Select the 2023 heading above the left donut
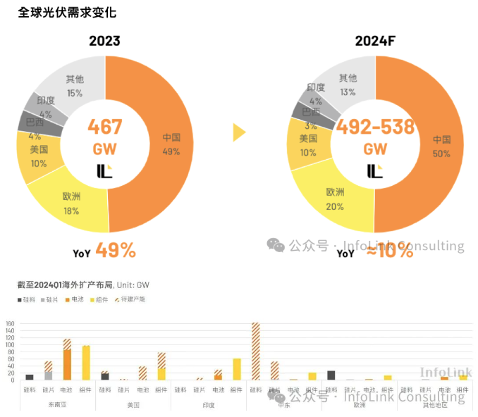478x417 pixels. click(104, 41)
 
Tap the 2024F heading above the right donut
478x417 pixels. click(375, 41)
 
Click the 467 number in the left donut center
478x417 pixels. click(105, 127)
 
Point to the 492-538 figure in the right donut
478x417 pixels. click(375, 127)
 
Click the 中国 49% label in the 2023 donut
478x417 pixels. click(171, 144)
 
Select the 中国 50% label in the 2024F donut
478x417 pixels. click(441, 146)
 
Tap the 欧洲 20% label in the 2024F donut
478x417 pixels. click(335, 199)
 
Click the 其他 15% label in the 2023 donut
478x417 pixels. click(75, 86)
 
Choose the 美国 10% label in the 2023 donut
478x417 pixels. click(39, 156)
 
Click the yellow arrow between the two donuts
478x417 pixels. click(240, 132)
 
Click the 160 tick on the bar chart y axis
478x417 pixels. click(10, 325)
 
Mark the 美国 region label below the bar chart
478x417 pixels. click(133, 405)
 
